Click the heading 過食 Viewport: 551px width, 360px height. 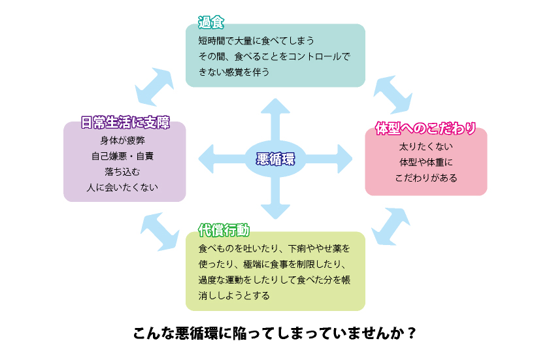tap(211, 23)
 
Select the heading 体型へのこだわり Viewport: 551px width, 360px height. tap(425, 127)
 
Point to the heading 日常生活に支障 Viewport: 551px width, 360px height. tap(125, 122)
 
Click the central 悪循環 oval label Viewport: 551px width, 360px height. tap(275, 159)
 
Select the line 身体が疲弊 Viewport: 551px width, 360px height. tap(124, 140)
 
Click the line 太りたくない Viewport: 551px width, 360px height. tap(426, 146)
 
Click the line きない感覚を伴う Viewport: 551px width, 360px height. tap(233, 72)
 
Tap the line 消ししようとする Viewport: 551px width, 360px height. tap(233, 295)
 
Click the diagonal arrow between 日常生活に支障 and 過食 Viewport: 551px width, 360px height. tap(155, 85)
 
